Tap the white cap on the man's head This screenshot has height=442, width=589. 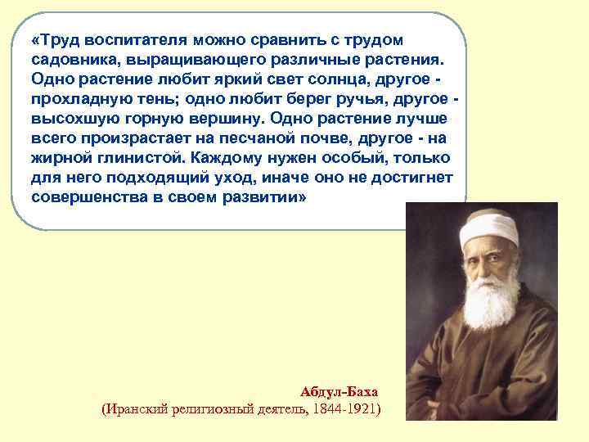point(483,230)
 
